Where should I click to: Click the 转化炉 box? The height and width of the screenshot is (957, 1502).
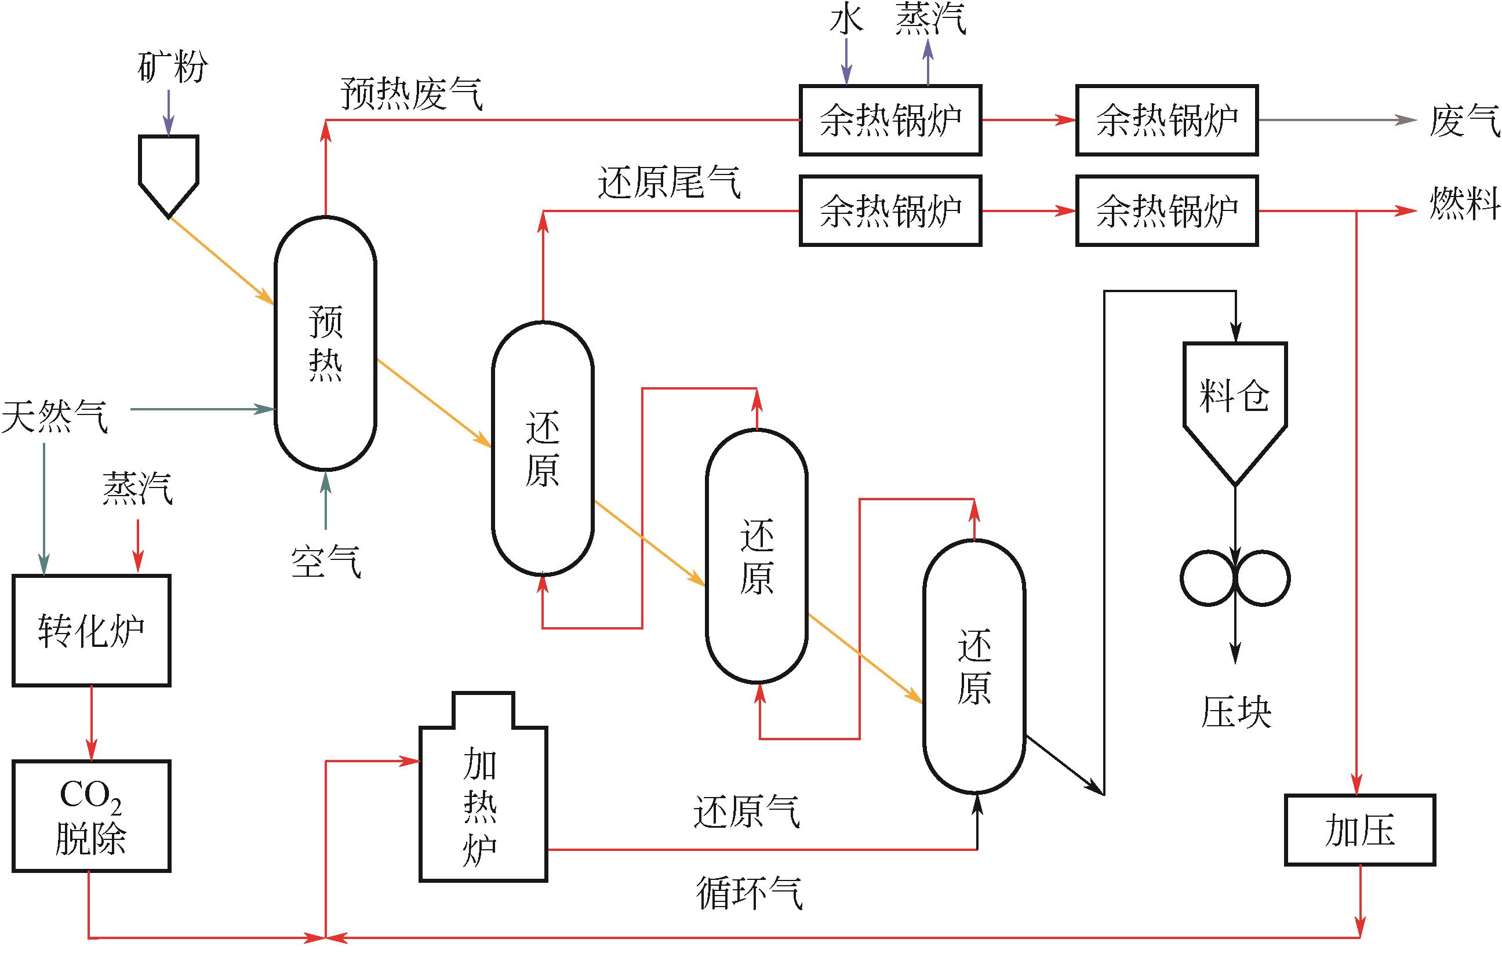pyautogui.click(x=91, y=630)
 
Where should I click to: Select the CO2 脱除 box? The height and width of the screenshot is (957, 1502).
pyautogui.click(x=91, y=816)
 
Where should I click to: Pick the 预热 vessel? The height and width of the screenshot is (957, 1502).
pyautogui.click(x=325, y=343)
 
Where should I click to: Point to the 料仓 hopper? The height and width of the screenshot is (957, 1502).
pyautogui.click(x=1235, y=399)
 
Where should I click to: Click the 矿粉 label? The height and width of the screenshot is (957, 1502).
pyautogui.click(x=172, y=66)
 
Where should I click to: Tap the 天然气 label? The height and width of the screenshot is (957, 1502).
pyautogui.click(x=55, y=416)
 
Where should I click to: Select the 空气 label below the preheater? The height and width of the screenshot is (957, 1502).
pyautogui.click(x=326, y=561)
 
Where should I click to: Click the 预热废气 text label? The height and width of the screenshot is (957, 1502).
pyautogui.click(x=412, y=93)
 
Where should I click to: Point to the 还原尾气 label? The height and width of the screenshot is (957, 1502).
pyautogui.click(x=670, y=183)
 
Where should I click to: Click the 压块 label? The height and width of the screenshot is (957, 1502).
pyautogui.click(x=1236, y=712)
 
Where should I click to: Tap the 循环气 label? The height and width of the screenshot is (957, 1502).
pyautogui.click(x=748, y=893)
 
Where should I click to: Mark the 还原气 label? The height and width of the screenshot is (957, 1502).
pyautogui.click(x=746, y=812)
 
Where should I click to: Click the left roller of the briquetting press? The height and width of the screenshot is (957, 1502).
pyautogui.click(x=1208, y=578)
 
